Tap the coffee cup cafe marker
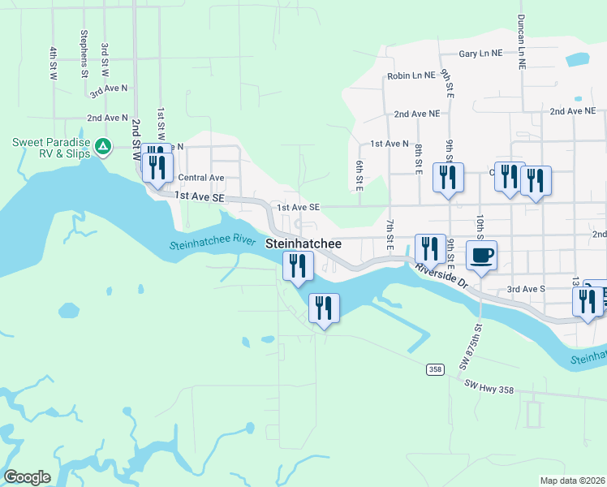point(481,256)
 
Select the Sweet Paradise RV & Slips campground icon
point(103,147)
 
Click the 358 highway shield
point(436,369)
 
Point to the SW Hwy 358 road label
point(489,390)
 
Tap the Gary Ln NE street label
point(480,53)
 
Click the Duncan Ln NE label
point(521,41)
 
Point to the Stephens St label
point(84,54)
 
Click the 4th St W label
point(54,62)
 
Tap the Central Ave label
point(200,177)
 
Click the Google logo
point(27,477)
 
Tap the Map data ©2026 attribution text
point(572,481)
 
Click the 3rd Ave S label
point(526,288)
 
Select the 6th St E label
point(359,176)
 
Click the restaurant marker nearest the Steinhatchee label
point(298,265)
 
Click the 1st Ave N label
point(390,144)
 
